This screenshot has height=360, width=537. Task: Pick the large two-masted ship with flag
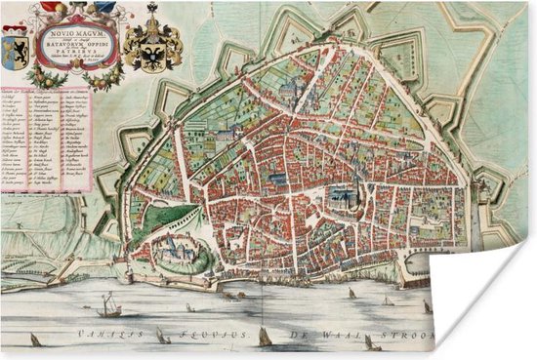click(110, 305)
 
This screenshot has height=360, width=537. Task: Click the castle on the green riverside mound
click(178, 250)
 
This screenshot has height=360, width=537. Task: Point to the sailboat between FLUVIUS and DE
click(265, 337)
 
